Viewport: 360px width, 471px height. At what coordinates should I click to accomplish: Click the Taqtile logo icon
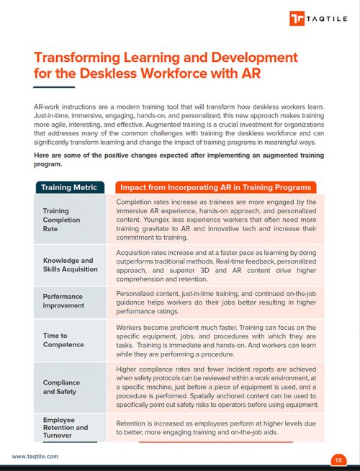point(297,19)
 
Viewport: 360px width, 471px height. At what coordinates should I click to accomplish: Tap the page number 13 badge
point(338,459)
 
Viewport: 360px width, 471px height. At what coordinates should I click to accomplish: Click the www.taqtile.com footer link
point(35,457)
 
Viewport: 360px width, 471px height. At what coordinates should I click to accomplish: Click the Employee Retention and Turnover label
point(65,428)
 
